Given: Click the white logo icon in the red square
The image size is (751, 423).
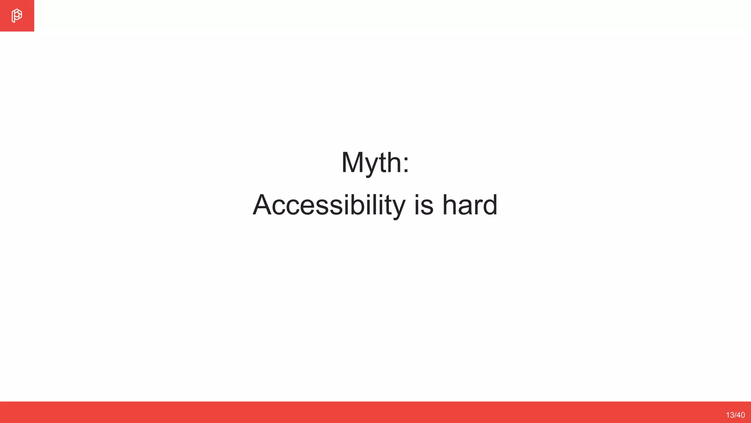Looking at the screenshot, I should (x=17, y=16).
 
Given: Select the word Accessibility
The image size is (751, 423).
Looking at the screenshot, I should (x=329, y=205).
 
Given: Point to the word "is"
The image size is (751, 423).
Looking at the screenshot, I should (x=424, y=205).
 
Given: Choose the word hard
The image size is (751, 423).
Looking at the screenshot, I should (x=470, y=205).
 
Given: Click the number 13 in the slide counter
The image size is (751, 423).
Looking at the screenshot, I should (x=730, y=415).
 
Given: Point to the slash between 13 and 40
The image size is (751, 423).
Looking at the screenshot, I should (x=735, y=415).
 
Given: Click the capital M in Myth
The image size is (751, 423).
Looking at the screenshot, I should (x=352, y=163).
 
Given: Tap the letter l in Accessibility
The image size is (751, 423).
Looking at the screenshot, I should (x=375, y=205).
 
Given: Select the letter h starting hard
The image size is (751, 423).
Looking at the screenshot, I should (x=450, y=205).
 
